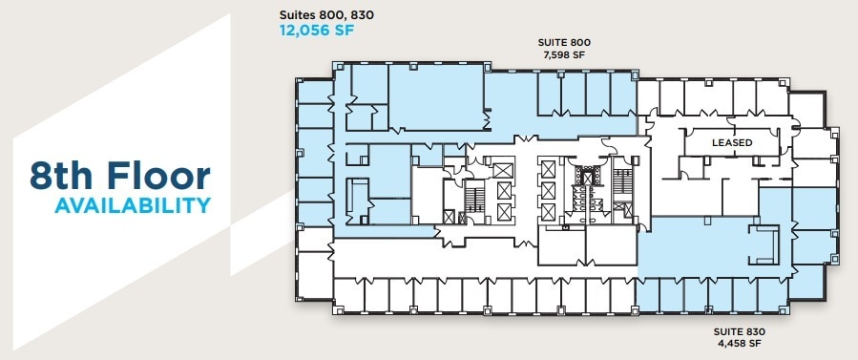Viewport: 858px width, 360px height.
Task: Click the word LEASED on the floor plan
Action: [732, 143]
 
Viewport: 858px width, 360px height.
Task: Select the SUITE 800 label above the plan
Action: [558, 43]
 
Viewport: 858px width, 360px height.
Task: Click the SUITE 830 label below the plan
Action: [740, 331]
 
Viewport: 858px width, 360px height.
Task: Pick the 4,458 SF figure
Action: [740, 343]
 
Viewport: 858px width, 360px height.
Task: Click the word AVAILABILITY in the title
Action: [132, 205]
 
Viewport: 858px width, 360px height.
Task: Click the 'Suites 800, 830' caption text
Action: [319, 14]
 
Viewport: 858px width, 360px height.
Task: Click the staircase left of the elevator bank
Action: [473, 198]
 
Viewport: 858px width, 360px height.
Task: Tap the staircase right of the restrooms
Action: [623, 190]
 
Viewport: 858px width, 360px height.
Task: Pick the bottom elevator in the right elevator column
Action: [548, 211]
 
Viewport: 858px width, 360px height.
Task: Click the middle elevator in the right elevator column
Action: [548, 190]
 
